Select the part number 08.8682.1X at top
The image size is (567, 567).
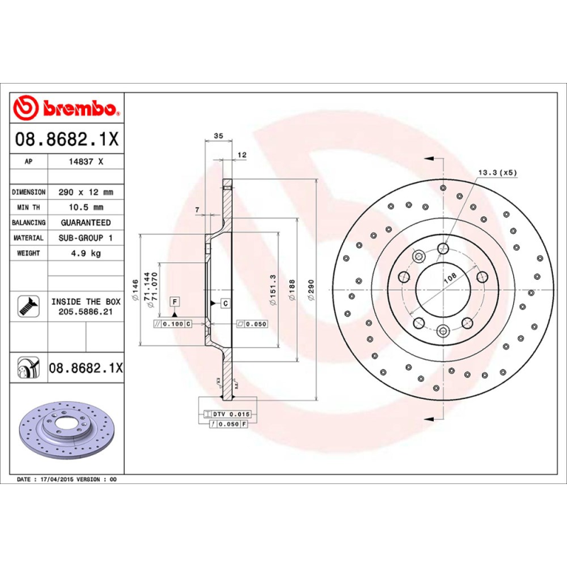(67, 140)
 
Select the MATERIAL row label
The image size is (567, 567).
(29, 238)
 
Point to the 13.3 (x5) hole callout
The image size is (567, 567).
(498, 172)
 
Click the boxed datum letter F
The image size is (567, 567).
(174, 303)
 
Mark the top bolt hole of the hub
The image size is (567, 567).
(443, 247)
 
